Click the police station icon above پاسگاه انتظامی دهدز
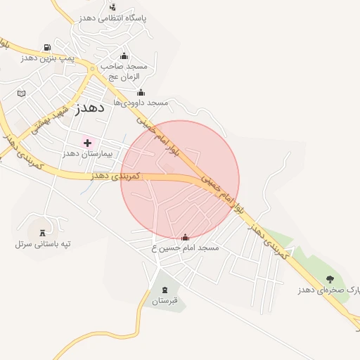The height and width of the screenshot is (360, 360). tap(112, 6)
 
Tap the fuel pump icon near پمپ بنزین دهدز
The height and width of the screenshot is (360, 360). tap(46, 48)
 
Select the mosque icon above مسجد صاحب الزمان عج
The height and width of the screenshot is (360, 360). tap(124, 56)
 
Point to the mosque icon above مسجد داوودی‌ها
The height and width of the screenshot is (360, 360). tap(141, 92)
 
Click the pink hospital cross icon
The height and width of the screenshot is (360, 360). tap(87, 143)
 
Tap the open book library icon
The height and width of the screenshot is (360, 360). tap(21, 94)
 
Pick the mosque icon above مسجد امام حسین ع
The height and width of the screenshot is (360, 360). tap(186, 238)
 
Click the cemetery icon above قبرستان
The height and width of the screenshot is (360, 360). tap(165, 290)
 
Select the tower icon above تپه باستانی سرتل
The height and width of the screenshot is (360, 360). tap(44, 232)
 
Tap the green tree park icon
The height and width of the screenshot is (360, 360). tap(330, 279)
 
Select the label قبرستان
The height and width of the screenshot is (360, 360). tap(165, 301)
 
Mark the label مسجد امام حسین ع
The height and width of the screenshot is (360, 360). tap(185, 248)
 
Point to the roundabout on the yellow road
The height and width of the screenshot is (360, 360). tap(92, 69)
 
